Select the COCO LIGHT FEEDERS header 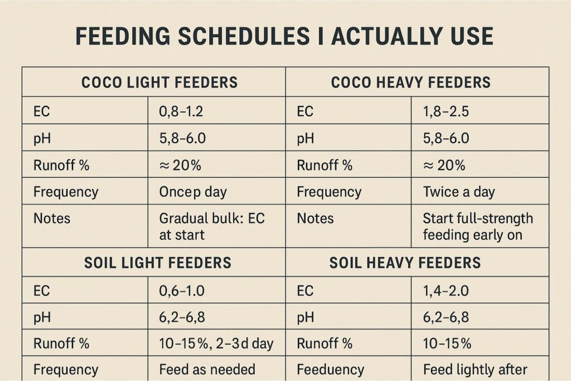[x=159, y=83]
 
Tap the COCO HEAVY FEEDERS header [x=411, y=83]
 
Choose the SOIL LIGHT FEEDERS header [x=158, y=262]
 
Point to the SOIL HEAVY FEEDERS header [x=405, y=262]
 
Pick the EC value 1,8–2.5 [x=446, y=111]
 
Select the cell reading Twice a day [x=459, y=192]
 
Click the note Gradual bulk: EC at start [x=212, y=226]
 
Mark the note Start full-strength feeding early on [x=478, y=226]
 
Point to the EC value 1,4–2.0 [x=446, y=291]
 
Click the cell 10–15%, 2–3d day [x=216, y=343]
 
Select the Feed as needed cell [x=207, y=369]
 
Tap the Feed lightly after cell [x=475, y=369]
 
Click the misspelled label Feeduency [x=330, y=369]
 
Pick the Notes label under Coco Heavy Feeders [x=315, y=218]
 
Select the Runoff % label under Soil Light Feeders [x=61, y=343]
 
